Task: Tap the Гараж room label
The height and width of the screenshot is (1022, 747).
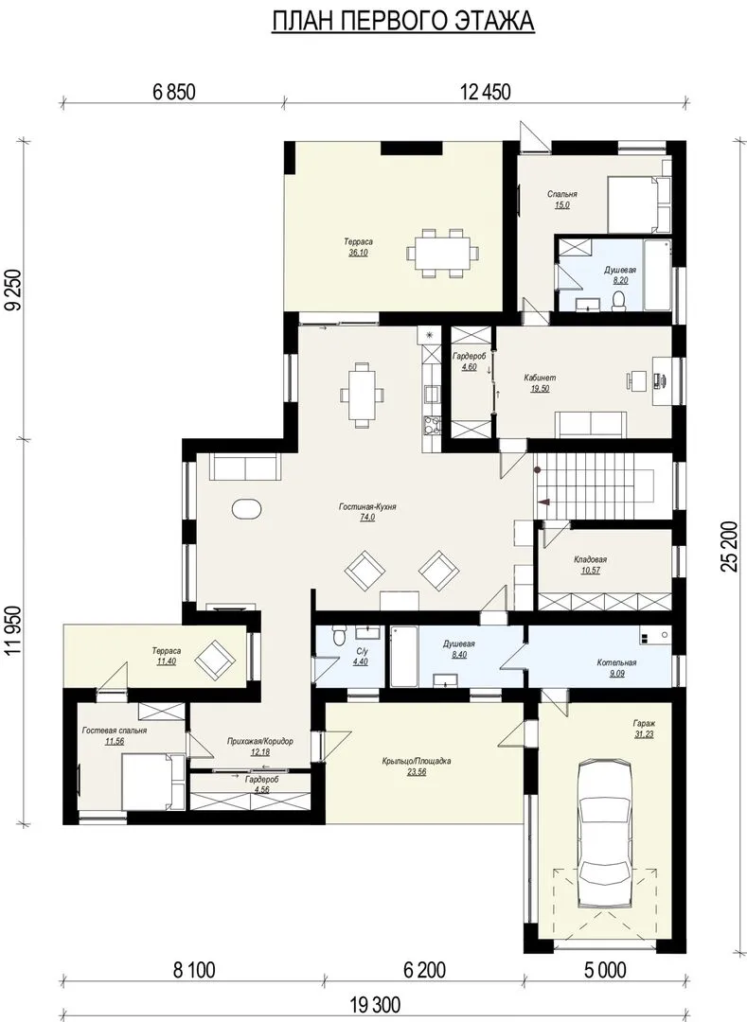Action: [x=644, y=723]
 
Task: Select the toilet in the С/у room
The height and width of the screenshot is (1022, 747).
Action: [x=337, y=636]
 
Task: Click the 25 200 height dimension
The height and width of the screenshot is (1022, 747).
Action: [x=730, y=546]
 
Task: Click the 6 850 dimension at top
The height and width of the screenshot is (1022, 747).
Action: [x=174, y=92]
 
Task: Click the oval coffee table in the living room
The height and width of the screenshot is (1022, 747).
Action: [x=247, y=509]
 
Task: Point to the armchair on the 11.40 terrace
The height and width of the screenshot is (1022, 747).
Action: [x=214, y=659]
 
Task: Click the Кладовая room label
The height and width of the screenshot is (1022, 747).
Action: [x=590, y=559]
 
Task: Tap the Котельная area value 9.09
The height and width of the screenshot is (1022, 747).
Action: [x=616, y=674]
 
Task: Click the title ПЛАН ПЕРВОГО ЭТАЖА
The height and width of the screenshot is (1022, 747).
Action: [x=402, y=22]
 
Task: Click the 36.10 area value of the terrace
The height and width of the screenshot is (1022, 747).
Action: [x=358, y=253]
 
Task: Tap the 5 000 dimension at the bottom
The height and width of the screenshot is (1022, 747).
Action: [x=605, y=970]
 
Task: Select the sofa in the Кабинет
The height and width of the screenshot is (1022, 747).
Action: [x=590, y=424]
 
